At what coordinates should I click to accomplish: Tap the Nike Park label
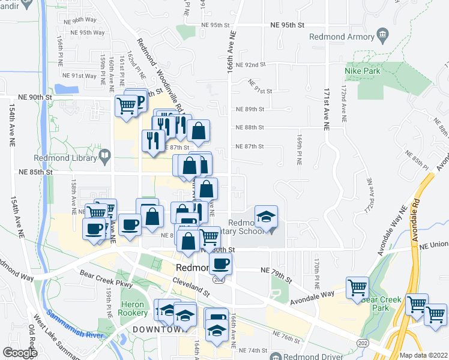pos(363,71)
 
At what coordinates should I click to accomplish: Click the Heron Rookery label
pos(133,308)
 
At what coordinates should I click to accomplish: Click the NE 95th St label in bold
pos(288,25)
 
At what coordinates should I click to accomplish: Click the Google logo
pos(19,352)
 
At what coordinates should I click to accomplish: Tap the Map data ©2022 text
pos(423,355)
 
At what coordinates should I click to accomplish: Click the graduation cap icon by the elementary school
pos(267,217)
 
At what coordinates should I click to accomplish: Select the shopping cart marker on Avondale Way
pos(358,287)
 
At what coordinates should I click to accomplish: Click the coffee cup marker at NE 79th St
pos(220,262)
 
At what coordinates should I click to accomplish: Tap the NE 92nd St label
pos(251,65)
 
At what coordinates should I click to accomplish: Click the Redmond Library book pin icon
pos(105,157)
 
